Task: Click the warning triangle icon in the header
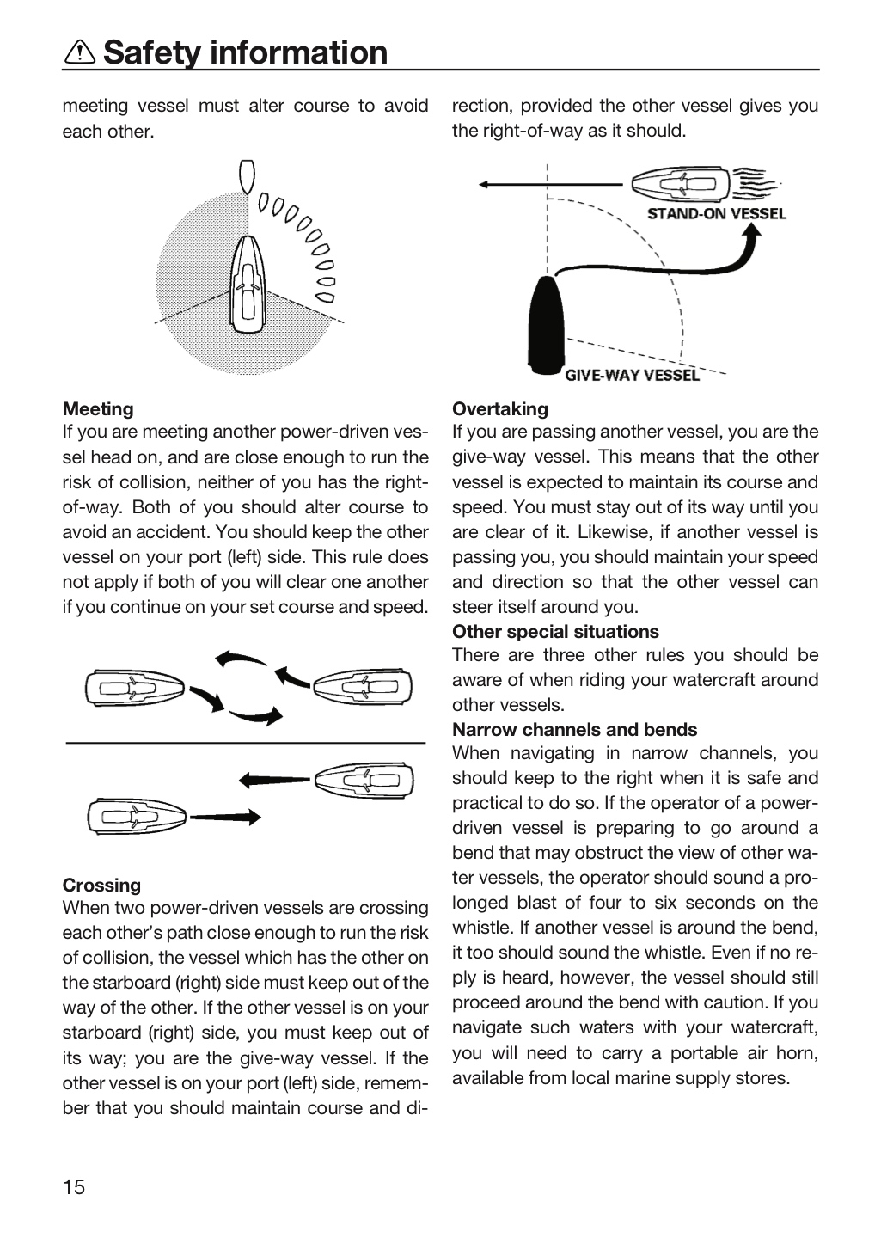point(80,52)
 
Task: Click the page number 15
point(74,1187)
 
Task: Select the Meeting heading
point(98,409)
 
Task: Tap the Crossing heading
point(101,885)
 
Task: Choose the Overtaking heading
point(500,409)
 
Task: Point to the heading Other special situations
point(555,632)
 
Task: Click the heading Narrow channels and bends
point(575,730)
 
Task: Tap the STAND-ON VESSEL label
point(716,214)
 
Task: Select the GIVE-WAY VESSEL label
point(633,375)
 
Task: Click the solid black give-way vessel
point(546,325)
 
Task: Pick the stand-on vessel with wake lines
point(705,183)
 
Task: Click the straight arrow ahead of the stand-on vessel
point(550,184)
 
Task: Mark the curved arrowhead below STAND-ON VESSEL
point(750,236)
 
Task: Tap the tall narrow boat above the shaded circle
point(247,176)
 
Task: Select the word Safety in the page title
point(152,52)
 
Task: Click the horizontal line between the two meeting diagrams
point(246,743)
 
